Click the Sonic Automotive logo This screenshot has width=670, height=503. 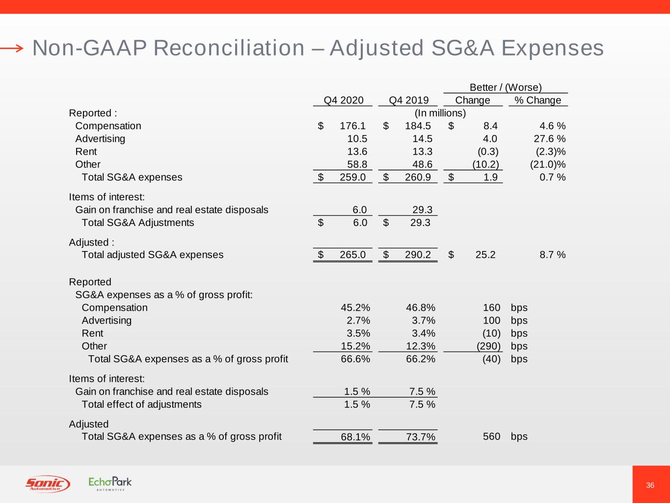coord(47,484)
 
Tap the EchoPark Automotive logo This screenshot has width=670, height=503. coord(110,483)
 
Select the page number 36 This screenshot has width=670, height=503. coord(650,485)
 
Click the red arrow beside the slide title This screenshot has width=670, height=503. coord(12,48)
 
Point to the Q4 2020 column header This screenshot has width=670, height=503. coord(344,100)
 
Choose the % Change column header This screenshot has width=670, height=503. coord(537,100)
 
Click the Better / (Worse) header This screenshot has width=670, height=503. coord(506,87)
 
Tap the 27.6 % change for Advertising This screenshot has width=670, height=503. coord(549,139)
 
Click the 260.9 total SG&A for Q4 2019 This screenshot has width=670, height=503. coord(418,177)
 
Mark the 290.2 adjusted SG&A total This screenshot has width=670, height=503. coord(418,254)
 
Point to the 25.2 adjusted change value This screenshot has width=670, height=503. coord(485,254)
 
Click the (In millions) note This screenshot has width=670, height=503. coord(440,113)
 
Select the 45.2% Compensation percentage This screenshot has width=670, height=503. coord(355,307)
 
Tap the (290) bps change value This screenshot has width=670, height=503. coord(488,346)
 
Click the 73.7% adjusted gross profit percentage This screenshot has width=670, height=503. coord(421,437)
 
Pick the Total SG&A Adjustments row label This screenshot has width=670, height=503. coord(137,223)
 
